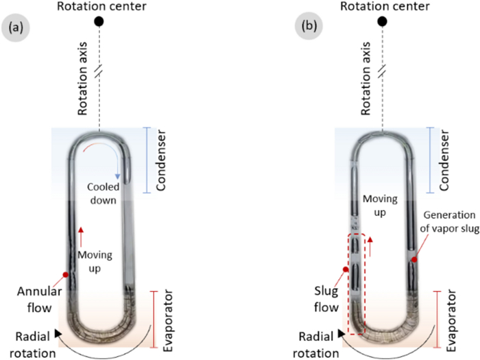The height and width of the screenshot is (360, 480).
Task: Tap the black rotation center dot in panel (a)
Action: click(x=99, y=22)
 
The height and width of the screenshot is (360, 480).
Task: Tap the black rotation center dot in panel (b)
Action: click(x=382, y=22)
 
